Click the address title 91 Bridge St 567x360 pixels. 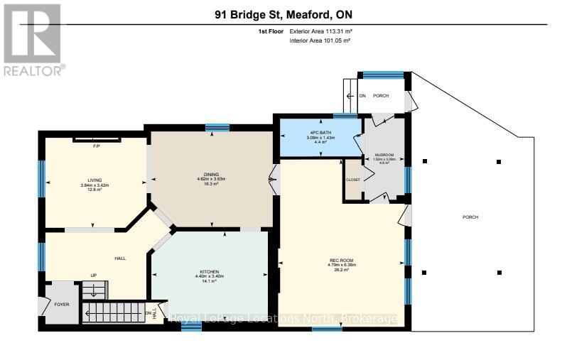coord(283,14)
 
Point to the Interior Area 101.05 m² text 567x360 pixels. coord(320,40)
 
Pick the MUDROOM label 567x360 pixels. coord(384,154)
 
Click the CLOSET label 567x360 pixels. coord(353,179)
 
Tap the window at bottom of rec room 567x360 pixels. coord(326,328)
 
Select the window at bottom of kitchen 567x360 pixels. coord(186,328)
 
